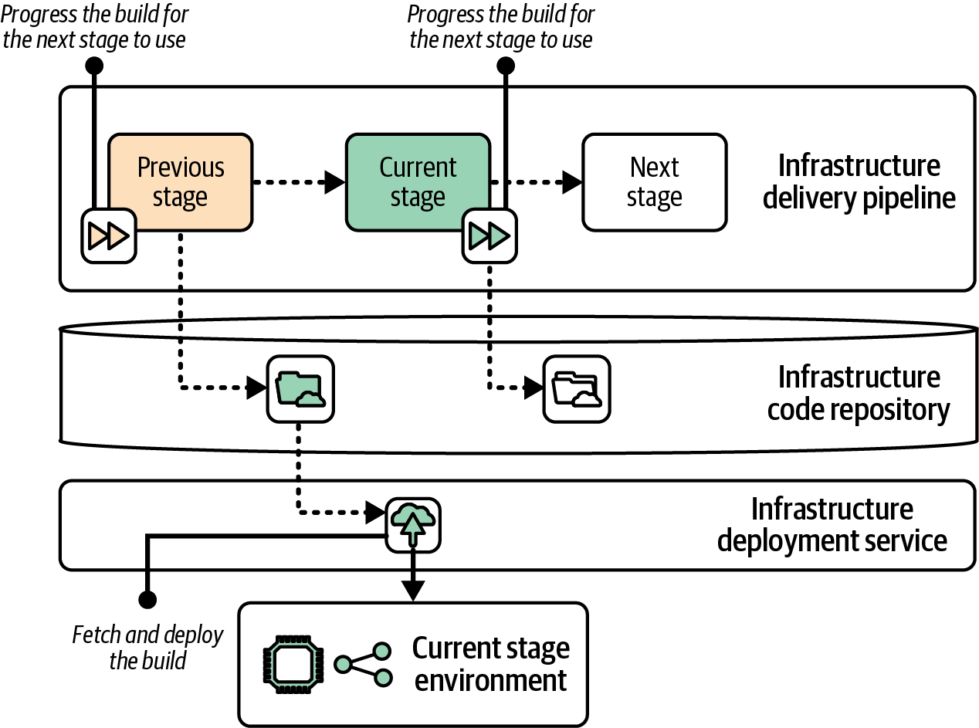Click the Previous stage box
point(181,181)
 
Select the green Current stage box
point(417,181)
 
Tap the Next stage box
point(654,181)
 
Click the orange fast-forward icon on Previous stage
point(109,235)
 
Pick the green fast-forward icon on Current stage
point(489,235)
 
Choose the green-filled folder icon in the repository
point(300,388)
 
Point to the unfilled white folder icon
point(577,388)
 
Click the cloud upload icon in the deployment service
point(414,525)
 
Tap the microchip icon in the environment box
point(294,663)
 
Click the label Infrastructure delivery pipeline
point(859,181)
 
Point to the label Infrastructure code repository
point(859,393)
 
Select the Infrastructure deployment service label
point(832,525)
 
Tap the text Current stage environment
point(491,663)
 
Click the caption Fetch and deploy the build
point(147,648)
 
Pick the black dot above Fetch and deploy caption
point(147,599)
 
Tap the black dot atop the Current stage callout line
point(506,66)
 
